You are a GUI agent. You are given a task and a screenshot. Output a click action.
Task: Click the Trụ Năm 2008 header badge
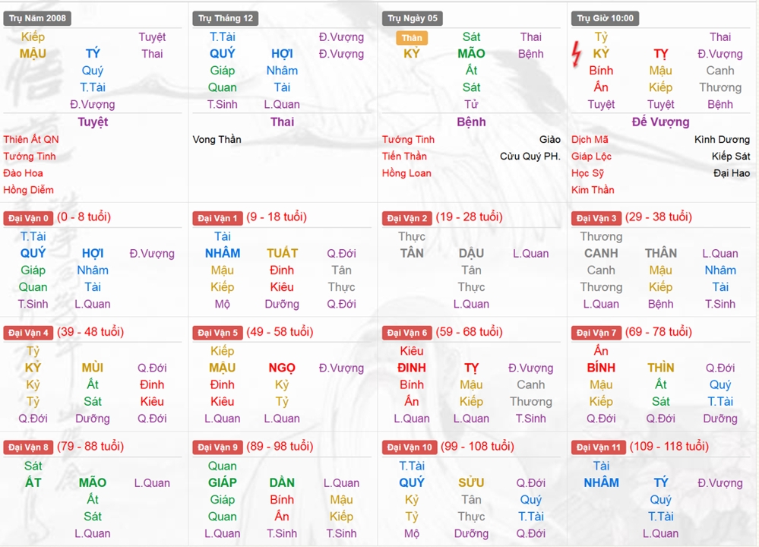tap(37, 18)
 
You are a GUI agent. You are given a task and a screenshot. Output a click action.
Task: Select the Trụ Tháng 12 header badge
tap(226, 18)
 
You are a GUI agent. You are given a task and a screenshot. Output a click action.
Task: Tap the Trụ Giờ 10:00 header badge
tap(605, 18)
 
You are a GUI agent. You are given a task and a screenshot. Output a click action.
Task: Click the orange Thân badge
tap(412, 38)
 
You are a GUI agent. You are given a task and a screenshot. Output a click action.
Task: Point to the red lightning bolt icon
tap(577, 54)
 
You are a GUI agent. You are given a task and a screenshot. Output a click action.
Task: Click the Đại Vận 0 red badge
tap(28, 218)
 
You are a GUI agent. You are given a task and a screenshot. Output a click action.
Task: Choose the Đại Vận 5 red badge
tap(218, 333)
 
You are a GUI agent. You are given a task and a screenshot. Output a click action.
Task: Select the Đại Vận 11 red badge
tap(599, 447)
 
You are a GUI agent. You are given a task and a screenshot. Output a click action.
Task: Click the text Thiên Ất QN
tap(31, 140)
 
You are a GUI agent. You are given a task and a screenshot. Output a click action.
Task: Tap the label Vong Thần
tap(217, 140)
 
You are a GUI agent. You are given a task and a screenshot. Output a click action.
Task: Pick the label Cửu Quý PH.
tap(530, 157)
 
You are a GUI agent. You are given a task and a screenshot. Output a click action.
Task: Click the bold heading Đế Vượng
tap(661, 122)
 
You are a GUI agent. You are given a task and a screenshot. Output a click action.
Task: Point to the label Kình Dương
tap(722, 140)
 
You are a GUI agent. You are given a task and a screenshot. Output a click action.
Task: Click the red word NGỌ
tap(282, 368)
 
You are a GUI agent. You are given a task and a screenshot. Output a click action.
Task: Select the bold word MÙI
tap(93, 368)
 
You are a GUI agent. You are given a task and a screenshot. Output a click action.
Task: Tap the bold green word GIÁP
tap(223, 483)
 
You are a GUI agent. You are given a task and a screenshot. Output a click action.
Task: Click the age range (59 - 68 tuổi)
tap(470, 332)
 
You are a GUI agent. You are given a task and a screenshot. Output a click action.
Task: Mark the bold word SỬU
tap(471, 483)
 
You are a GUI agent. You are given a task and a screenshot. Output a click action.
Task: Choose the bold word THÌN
tap(661, 368)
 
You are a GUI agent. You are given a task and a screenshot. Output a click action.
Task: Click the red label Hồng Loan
tap(406, 173)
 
